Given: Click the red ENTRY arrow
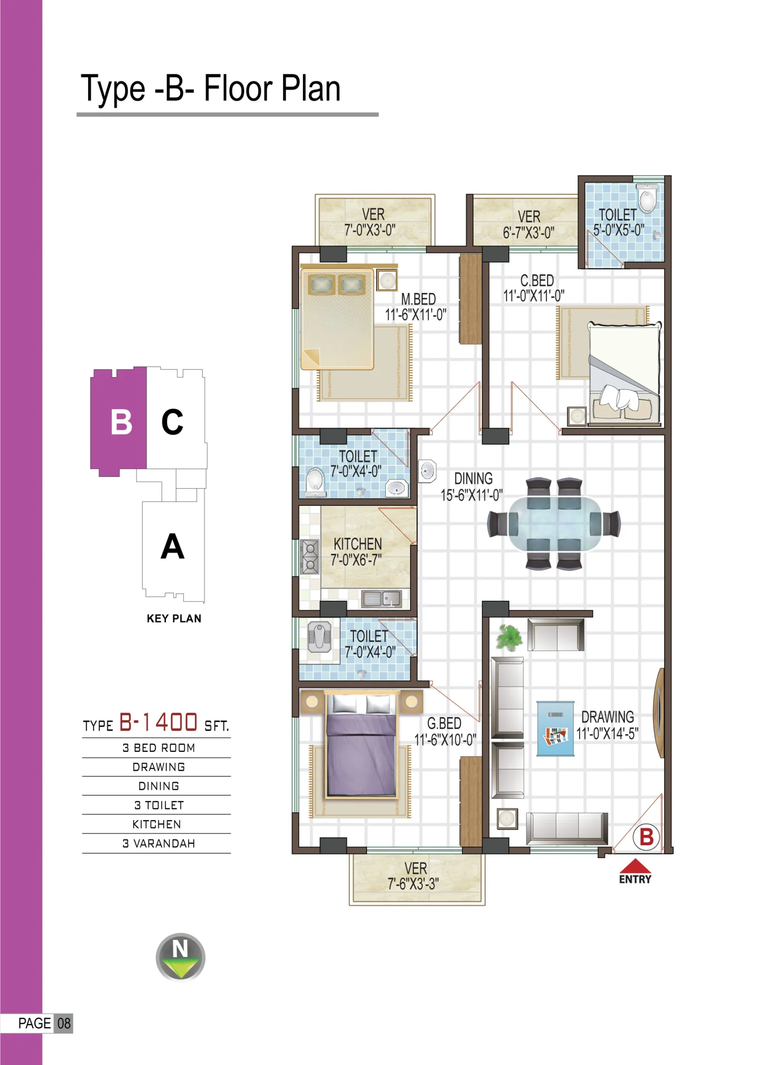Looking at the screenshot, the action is [x=635, y=865].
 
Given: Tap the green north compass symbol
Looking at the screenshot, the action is [x=180, y=956].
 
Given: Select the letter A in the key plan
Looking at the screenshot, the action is [x=172, y=546].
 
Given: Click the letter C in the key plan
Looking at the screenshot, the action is [x=172, y=422].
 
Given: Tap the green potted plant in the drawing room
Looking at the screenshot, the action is [x=510, y=638].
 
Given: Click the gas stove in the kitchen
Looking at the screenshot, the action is [x=310, y=557].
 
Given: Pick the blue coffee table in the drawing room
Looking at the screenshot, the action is [x=555, y=729].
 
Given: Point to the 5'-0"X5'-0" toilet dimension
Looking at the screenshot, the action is [x=618, y=230].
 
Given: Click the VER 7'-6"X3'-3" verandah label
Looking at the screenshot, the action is [x=414, y=876].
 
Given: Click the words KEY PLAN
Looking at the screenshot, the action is [x=174, y=619].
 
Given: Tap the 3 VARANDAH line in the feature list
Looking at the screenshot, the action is [x=159, y=843].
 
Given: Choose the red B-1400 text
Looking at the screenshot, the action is [x=158, y=722].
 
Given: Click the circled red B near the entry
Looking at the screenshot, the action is [x=647, y=837].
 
